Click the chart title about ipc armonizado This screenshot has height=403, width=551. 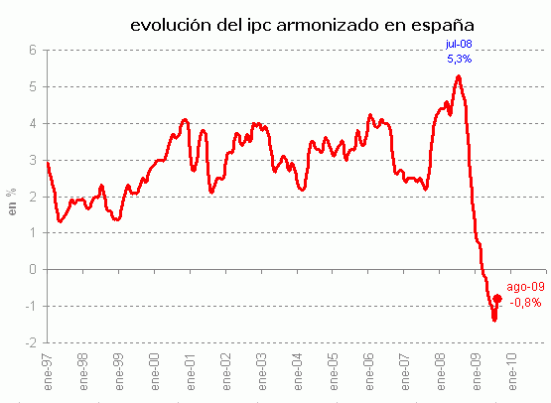click(289, 23)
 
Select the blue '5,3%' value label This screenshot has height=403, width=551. click(458, 60)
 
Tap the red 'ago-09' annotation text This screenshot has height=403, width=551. click(525, 286)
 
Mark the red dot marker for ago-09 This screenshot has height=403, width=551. click(497, 298)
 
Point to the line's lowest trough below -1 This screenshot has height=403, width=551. click(493, 320)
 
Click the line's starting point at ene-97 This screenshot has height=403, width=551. click(48, 162)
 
